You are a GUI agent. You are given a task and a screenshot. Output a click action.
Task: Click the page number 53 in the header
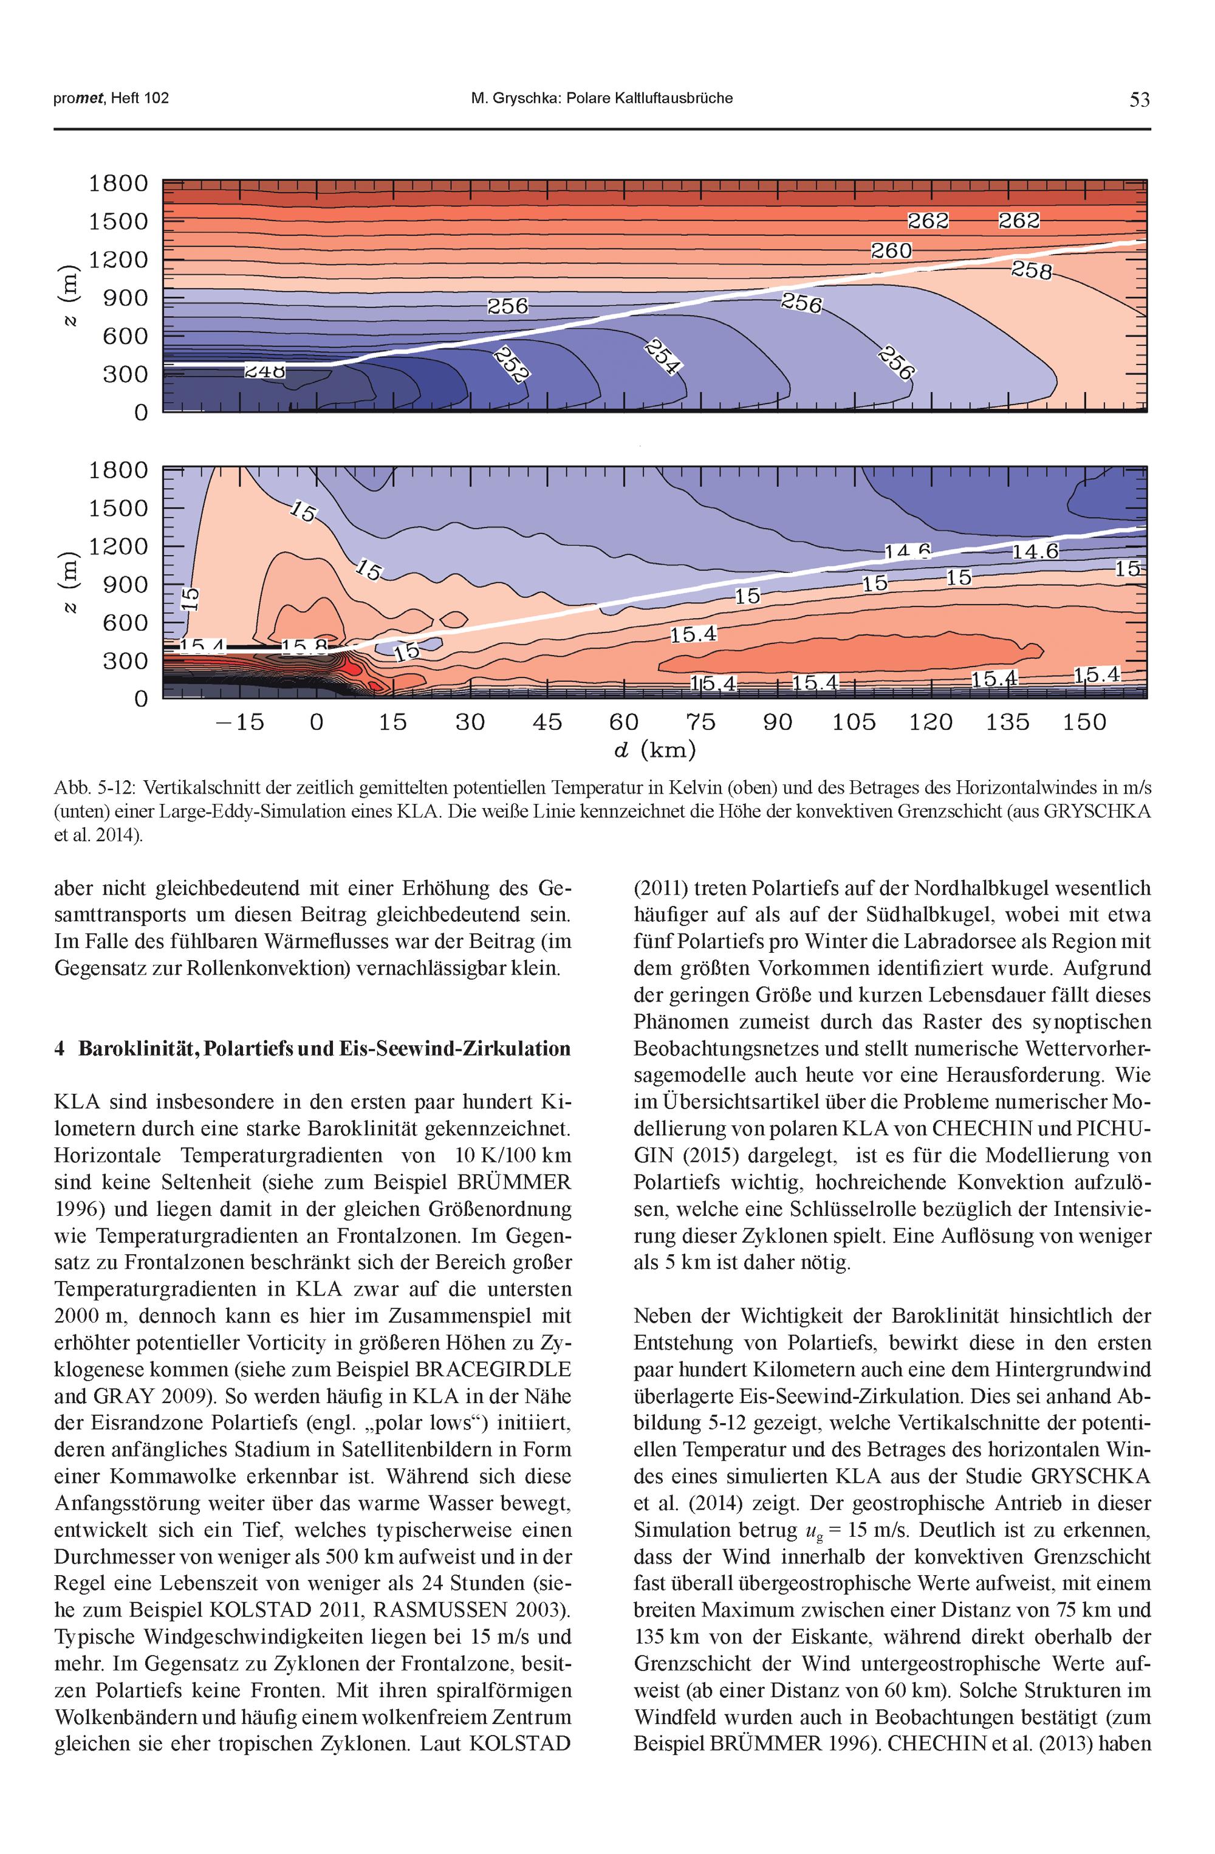point(1138,99)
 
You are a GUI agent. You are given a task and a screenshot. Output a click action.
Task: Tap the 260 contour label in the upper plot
point(891,251)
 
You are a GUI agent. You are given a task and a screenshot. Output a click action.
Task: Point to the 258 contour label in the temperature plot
point(1031,270)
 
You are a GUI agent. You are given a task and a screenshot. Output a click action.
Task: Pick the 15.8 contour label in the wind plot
point(304,647)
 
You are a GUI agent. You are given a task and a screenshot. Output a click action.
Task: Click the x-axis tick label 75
point(701,723)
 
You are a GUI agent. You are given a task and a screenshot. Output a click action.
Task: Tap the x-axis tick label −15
point(240,723)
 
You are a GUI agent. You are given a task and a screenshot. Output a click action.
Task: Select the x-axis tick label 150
point(1084,723)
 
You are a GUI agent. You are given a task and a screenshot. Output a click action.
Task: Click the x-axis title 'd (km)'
point(655,750)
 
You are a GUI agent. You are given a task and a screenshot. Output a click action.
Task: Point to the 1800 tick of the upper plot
point(118,184)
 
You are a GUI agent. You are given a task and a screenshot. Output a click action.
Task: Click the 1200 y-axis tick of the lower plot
point(118,547)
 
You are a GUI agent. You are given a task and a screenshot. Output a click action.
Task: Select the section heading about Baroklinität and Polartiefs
point(312,1048)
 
